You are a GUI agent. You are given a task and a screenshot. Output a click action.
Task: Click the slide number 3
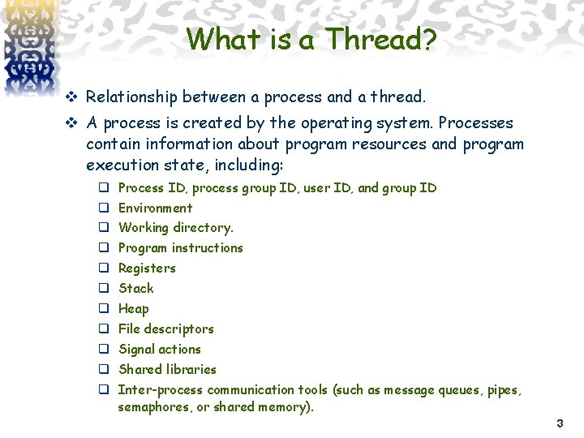pos(560,423)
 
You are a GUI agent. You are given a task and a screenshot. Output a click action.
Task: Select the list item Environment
pos(155,208)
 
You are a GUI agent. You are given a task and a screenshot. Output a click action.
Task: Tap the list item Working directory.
pos(175,228)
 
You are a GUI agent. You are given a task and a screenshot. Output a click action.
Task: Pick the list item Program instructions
pos(180,248)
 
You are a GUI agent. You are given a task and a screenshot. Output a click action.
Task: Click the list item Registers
pos(147,268)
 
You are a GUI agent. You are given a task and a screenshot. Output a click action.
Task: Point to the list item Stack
pos(135,289)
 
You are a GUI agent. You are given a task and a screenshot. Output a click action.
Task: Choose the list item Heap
pos(134,309)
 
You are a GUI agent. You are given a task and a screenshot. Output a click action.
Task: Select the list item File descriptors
pos(165,329)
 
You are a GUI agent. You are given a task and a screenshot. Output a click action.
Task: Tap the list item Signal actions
pos(159,350)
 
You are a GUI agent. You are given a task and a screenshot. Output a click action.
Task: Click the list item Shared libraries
pos(167,370)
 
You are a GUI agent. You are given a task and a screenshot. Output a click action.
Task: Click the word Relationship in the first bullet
pos(131,97)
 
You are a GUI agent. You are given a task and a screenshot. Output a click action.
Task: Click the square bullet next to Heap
pos(104,309)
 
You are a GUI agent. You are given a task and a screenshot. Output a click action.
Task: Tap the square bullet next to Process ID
pos(104,188)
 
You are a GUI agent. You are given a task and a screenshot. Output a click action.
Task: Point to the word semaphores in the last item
pos(153,407)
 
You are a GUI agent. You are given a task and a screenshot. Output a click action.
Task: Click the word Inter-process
pos(157,390)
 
